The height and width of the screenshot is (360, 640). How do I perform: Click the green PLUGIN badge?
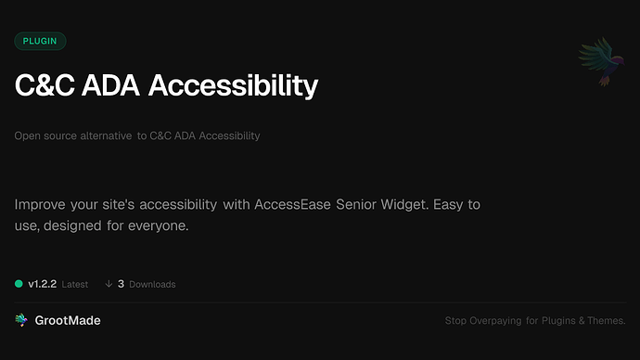coord(40,41)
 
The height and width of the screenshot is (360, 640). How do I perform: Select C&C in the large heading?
coord(43,85)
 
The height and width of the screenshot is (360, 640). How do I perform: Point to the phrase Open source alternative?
coord(72,135)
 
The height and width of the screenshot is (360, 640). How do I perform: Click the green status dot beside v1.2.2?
coord(19,284)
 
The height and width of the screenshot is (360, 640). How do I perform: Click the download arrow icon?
coord(109,284)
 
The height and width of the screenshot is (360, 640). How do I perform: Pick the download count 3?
coord(122,284)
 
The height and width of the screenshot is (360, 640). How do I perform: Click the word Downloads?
coord(152,284)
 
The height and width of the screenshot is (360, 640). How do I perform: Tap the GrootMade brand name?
coord(69,320)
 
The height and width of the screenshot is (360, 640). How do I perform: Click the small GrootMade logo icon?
coord(21,320)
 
